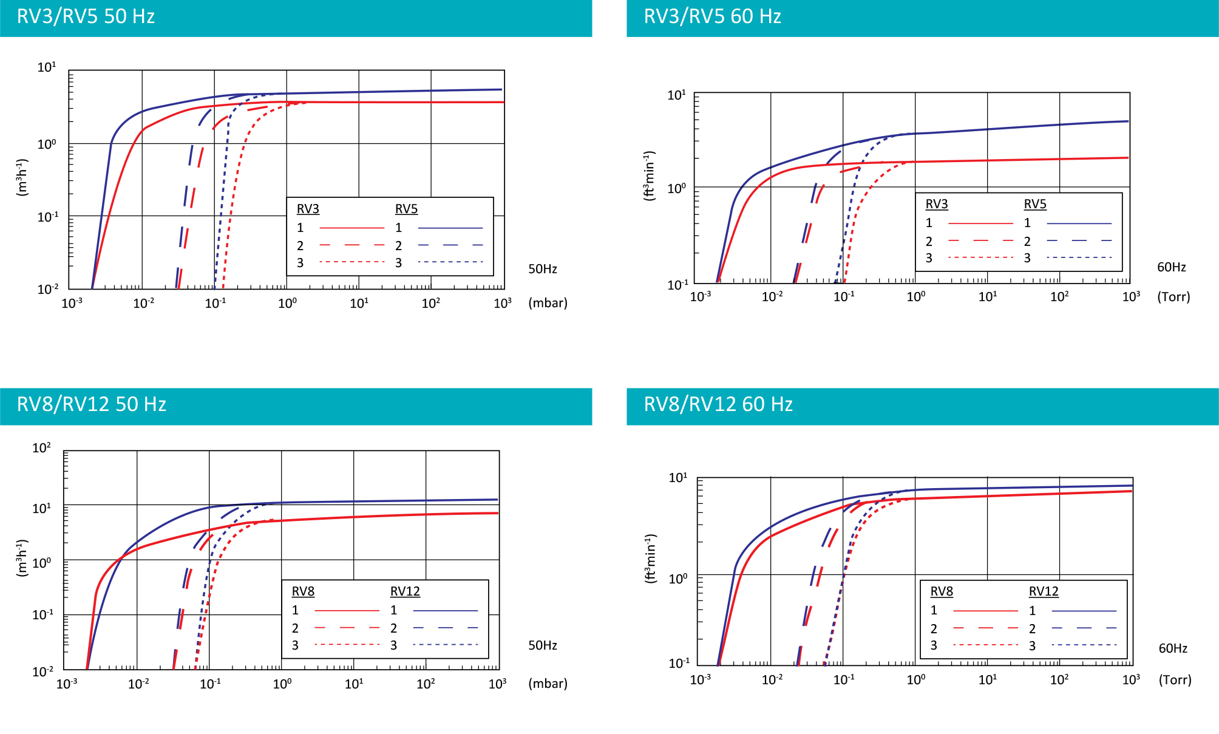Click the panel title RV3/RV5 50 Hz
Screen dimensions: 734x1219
tap(86, 16)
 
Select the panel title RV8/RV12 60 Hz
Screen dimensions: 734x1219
tap(718, 404)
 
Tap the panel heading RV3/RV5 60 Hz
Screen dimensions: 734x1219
tap(712, 16)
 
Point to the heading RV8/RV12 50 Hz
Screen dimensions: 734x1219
tap(91, 404)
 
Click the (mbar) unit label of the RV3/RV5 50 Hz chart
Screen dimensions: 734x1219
tap(548, 303)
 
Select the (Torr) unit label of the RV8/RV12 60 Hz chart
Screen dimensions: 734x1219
tap(1175, 680)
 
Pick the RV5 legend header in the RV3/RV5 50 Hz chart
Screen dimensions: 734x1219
tap(406, 209)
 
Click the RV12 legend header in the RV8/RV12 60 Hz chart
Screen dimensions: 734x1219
tap(1043, 591)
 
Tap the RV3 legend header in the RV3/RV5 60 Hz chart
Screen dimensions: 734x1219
tap(936, 204)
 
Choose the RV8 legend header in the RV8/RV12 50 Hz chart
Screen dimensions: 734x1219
tap(303, 591)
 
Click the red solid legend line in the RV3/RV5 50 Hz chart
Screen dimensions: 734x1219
tap(351, 228)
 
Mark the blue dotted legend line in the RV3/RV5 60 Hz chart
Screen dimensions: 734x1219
tap(1079, 258)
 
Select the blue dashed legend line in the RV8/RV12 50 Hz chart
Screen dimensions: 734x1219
tap(445, 628)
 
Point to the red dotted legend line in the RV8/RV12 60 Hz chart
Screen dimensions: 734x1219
tap(985, 645)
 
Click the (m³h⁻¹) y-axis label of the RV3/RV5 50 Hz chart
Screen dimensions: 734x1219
tap(22, 177)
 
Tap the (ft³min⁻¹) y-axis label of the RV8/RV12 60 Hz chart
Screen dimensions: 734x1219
tap(650, 559)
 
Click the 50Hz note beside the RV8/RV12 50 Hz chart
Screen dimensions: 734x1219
tap(542, 645)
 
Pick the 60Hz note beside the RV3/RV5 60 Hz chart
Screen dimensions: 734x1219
tap(1171, 267)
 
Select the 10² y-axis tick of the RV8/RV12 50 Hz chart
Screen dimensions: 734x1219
tap(41, 448)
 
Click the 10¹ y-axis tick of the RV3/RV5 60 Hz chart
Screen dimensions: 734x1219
tap(676, 95)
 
